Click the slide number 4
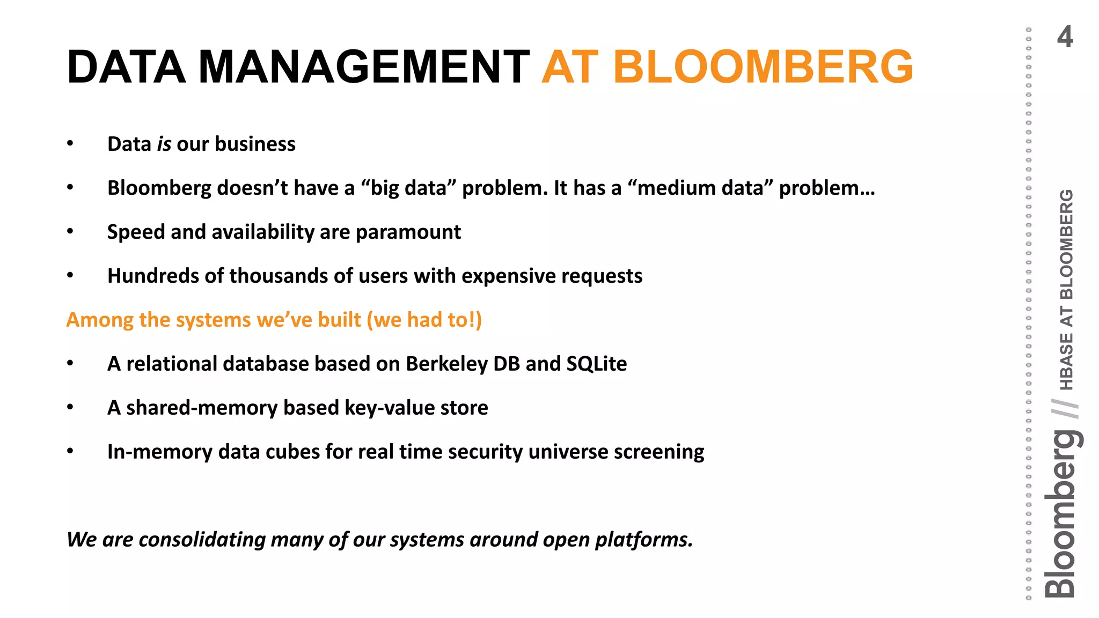[x=1065, y=38]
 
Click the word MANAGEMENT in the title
[x=364, y=68]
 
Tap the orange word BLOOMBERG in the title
[x=763, y=68]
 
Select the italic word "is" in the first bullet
[x=164, y=144]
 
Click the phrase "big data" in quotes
[x=408, y=188]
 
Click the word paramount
[x=408, y=232]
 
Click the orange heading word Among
[x=100, y=320]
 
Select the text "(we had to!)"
[x=424, y=320]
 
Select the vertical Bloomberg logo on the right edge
[x=1061, y=515]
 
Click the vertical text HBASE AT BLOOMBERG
[x=1067, y=290]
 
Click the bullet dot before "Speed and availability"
[x=70, y=232]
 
